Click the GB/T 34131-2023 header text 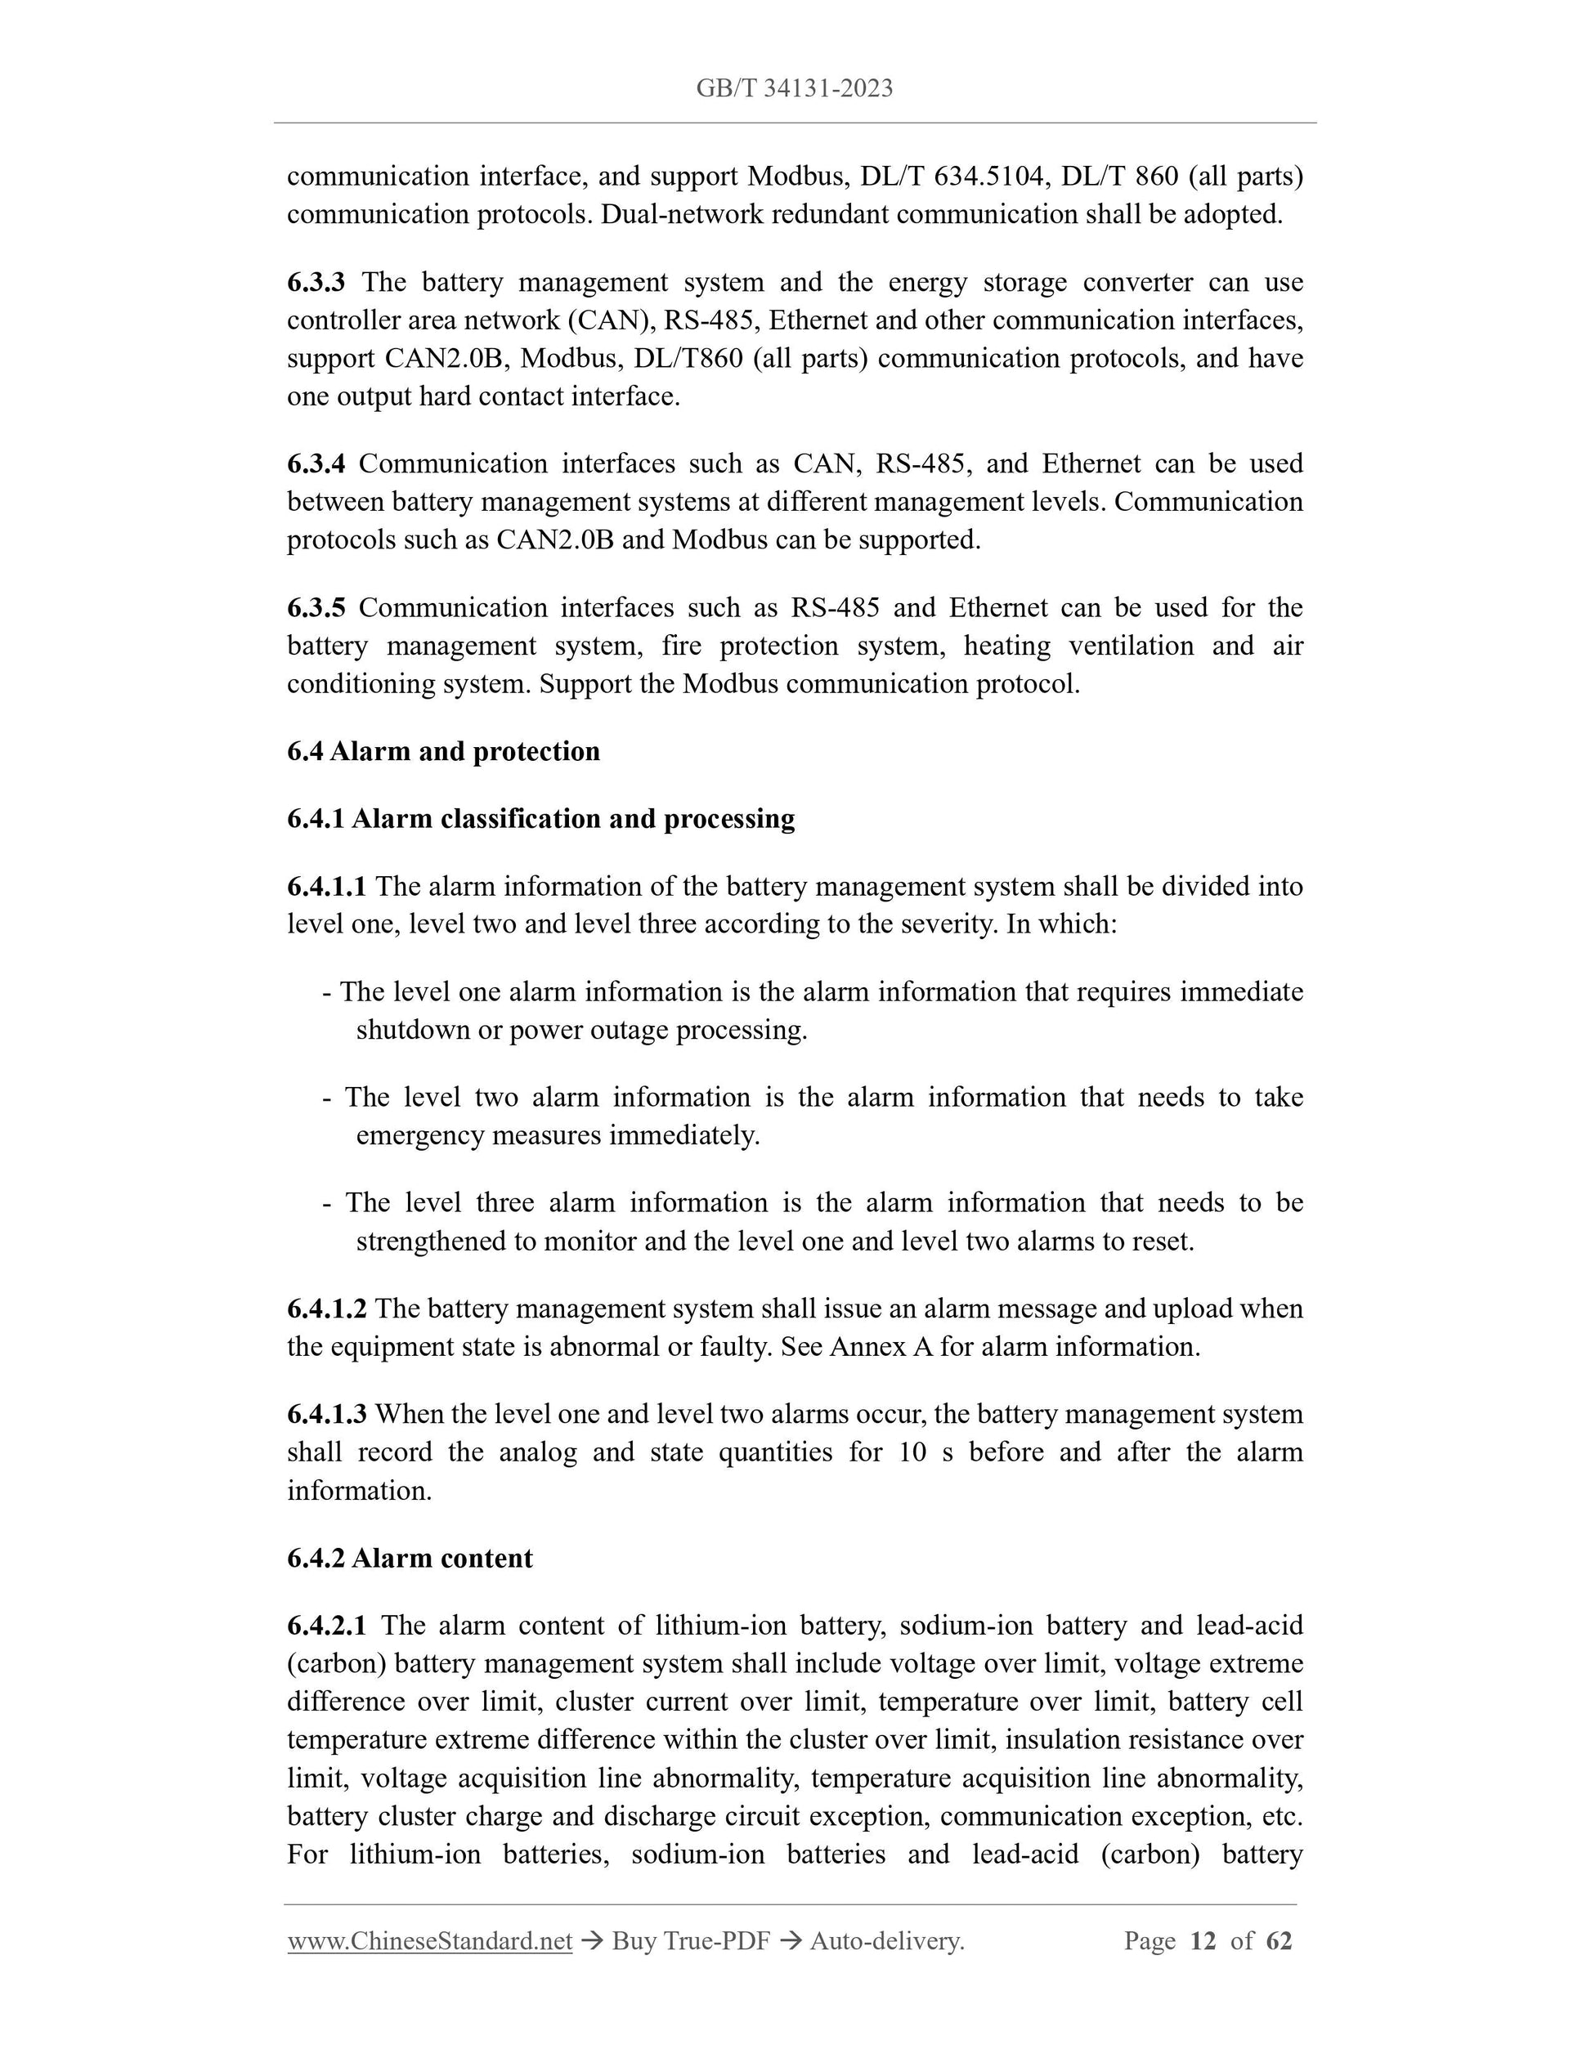pyautogui.click(x=794, y=88)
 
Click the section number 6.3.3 pyautogui.click(x=316, y=282)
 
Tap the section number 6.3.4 pyautogui.click(x=316, y=463)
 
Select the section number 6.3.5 pyautogui.click(x=316, y=608)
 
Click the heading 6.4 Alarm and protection pyautogui.click(x=443, y=751)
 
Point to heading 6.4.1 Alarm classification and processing pyautogui.click(x=540, y=819)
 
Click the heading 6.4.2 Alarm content pyautogui.click(x=409, y=1558)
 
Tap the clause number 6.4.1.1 pyautogui.click(x=326, y=887)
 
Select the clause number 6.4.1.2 pyautogui.click(x=326, y=1309)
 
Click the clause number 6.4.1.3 pyautogui.click(x=326, y=1415)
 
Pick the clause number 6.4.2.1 pyautogui.click(x=326, y=1626)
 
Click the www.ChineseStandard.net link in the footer pyautogui.click(x=430, y=1941)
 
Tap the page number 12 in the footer pyautogui.click(x=1203, y=1941)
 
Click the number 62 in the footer pyautogui.click(x=1279, y=1941)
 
